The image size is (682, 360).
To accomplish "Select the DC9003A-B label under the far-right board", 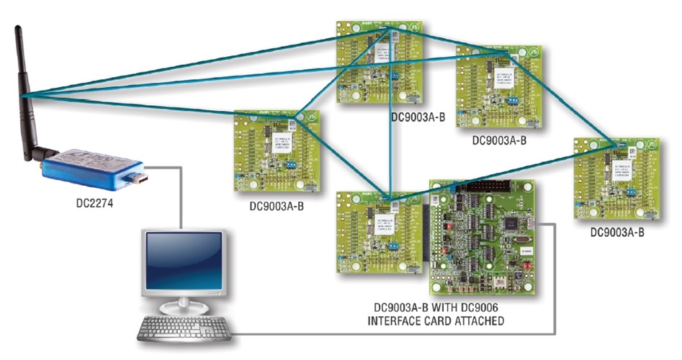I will [x=617, y=232].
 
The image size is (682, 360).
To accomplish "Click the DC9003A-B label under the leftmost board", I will [x=276, y=206].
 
